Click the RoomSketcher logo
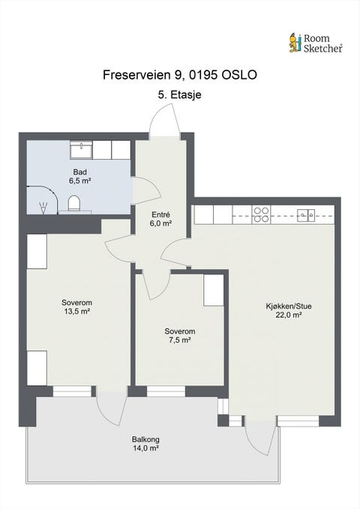tap(316, 43)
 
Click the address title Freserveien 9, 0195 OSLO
tap(180, 75)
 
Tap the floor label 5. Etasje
tap(180, 94)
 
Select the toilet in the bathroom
tap(74, 204)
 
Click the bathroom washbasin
tap(82, 150)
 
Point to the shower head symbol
tap(43, 208)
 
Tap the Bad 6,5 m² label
tap(79, 176)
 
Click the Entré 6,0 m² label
tap(160, 219)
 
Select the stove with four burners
tap(261, 214)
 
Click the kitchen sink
tap(306, 214)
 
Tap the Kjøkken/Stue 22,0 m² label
tap(289, 310)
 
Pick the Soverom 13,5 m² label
tap(77, 307)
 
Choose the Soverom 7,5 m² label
tap(180, 336)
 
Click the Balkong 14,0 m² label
tap(145, 444)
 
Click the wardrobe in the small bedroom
tap(214, 290)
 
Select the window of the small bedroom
tap(166, 391)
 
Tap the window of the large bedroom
tap(72, 391)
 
